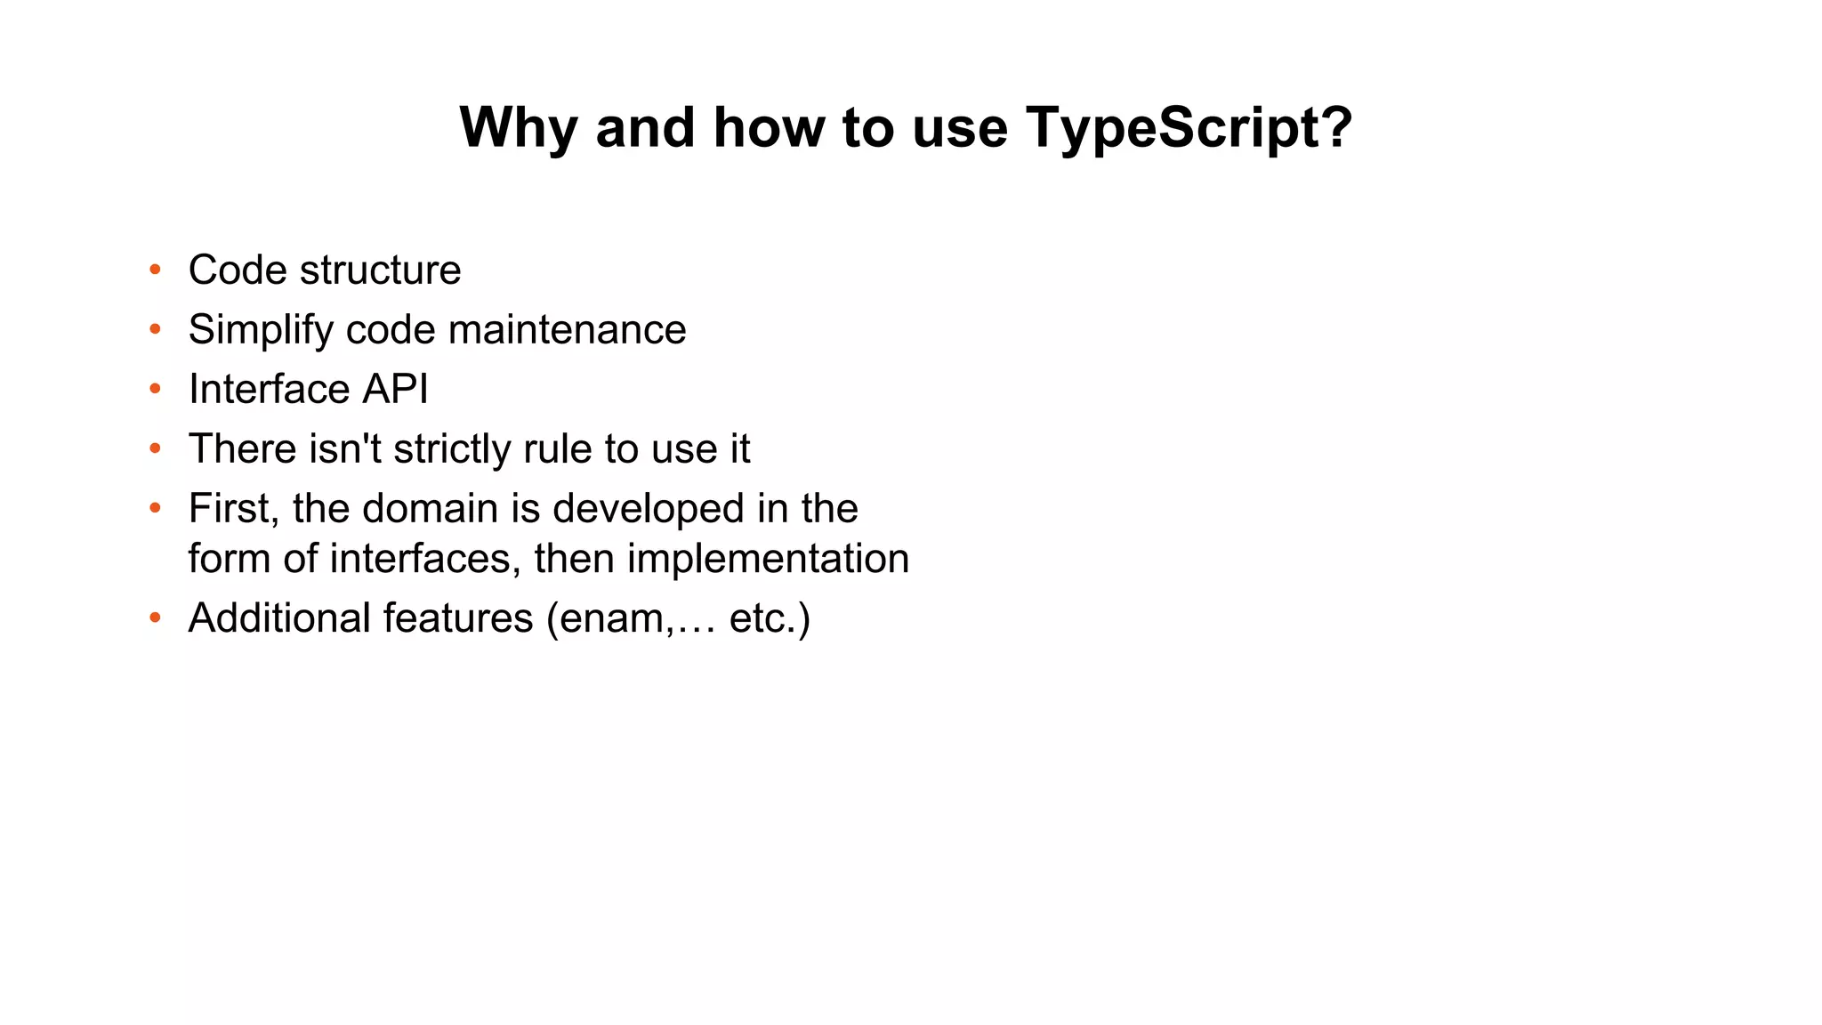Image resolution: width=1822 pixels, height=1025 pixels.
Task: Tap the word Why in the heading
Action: point(518,128)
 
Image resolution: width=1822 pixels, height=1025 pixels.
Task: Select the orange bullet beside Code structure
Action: point(156,269)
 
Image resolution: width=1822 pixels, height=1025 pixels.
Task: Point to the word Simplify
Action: point(261,330)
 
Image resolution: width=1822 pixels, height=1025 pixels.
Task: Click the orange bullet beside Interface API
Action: point(156,388)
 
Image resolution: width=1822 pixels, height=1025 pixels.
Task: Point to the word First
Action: point(233,509)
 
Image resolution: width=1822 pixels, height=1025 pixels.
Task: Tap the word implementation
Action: point(768,559)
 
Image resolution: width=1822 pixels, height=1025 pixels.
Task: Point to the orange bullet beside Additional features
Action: point(156,617)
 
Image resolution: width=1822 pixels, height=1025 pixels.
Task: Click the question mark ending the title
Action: point(1336,128)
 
